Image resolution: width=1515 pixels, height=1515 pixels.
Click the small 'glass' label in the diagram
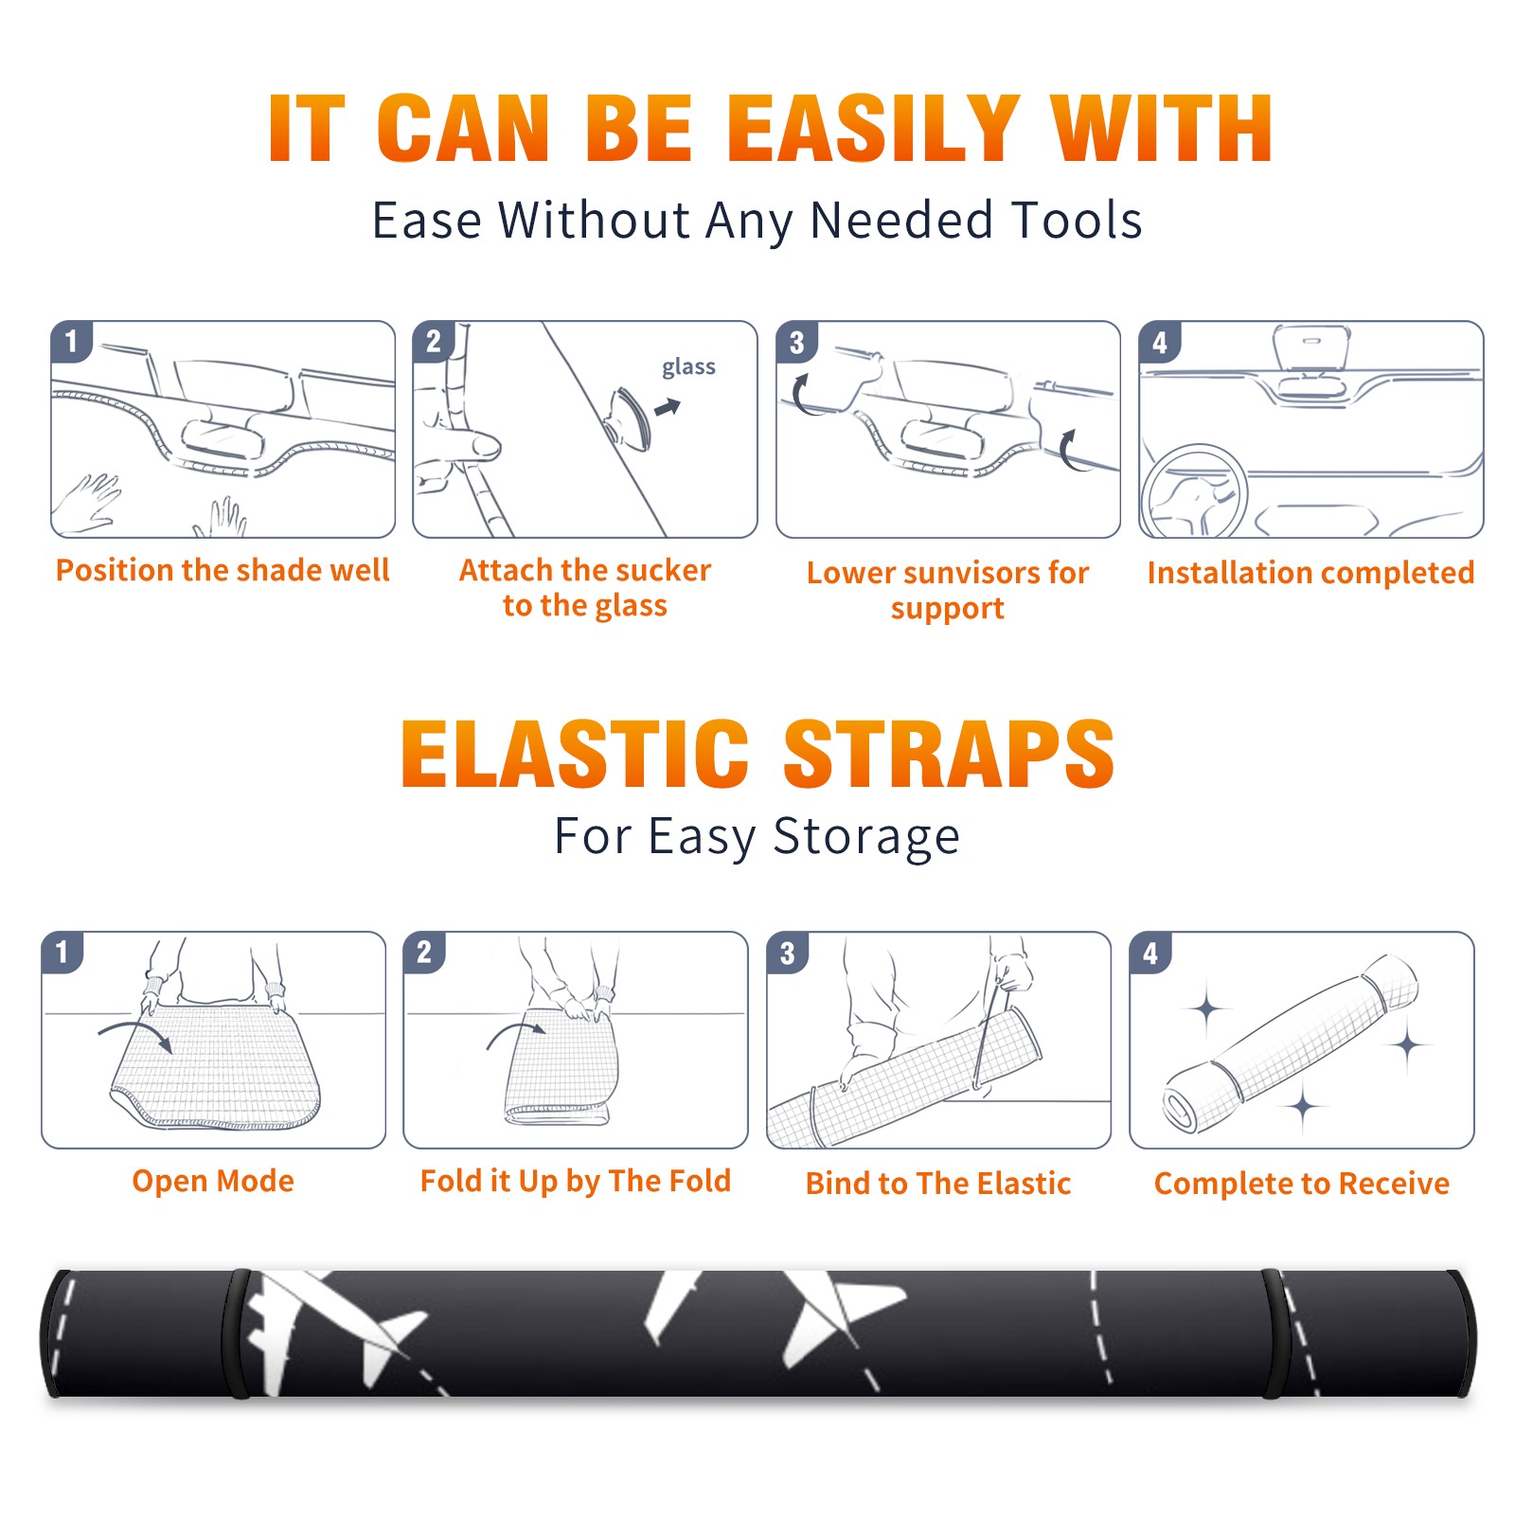(688, 367)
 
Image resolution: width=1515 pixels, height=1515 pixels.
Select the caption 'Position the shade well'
(223, 571)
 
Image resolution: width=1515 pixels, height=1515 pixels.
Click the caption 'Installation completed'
(1310, 573)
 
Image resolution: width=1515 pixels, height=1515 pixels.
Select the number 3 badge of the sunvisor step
(796, 342)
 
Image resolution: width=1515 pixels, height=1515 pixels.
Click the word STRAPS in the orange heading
(949, 754)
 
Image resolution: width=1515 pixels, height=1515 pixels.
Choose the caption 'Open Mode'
(213, 1181)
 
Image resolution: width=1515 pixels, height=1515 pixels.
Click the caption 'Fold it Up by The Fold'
(576, 1182)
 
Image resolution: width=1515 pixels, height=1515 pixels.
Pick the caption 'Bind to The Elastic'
(938, 1184)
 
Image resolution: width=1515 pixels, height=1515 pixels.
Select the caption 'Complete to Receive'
(1302, 1184)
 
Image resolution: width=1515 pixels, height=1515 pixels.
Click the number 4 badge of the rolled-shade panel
(1150, 953)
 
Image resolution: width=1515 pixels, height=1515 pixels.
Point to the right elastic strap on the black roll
(1273, 1334)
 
